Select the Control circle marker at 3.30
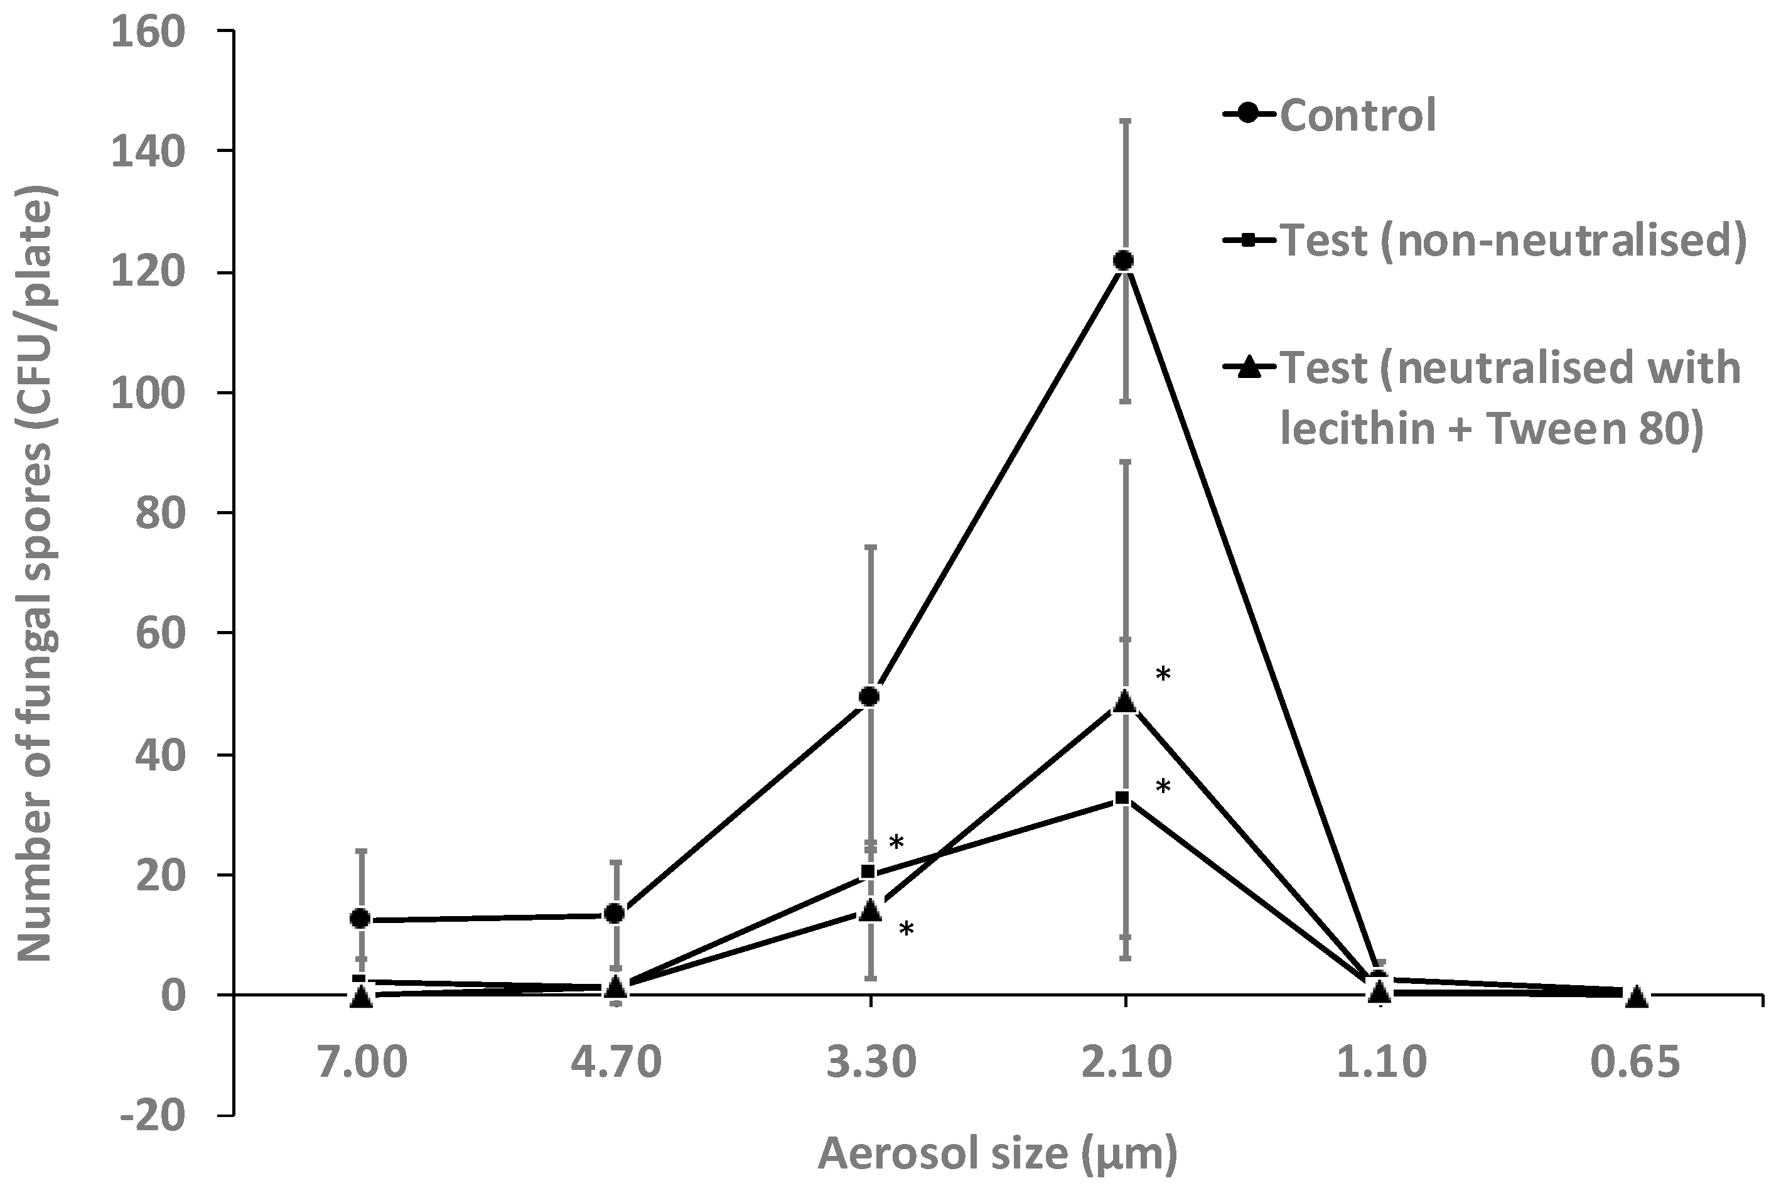pos(869,696)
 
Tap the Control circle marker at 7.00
pos(360,919)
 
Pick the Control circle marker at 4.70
pos(615,913)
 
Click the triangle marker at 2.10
pos(1125,702)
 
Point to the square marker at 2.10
pos(1122,798)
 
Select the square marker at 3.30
pos(868,872)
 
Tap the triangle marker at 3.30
pos(871,910)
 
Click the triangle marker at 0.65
pos(1636,996)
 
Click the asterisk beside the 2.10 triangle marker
pos(1163,675)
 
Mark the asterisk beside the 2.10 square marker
pos(1163,787)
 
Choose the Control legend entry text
pos(1358,116)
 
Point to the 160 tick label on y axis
pos(148,33)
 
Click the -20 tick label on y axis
pos(152,1116)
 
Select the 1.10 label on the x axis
pos(1381,1063)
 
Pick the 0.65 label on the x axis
pos(1635,1063)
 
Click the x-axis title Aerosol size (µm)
pos(998,1153)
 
